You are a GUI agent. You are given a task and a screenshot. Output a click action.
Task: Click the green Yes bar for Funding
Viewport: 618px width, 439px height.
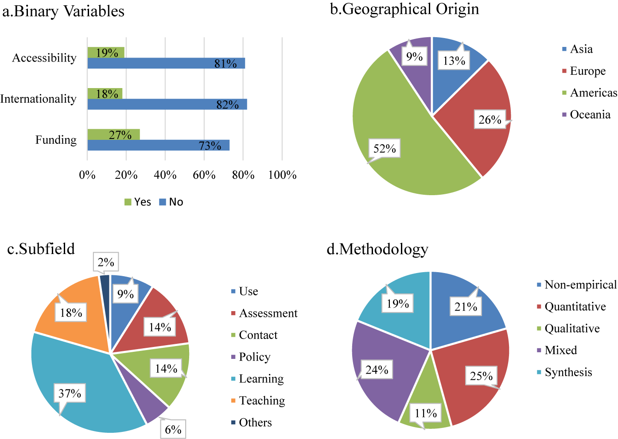coord(114,135)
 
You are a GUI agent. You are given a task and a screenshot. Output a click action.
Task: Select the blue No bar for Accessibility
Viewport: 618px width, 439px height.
coord(166,63)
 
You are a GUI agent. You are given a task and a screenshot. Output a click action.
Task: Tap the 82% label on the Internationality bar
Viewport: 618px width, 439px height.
coord(227,105)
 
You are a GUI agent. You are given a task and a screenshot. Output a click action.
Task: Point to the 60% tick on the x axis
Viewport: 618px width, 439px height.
coord(204,175)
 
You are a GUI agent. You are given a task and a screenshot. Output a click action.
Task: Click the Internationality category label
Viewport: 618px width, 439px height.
coord(38,99)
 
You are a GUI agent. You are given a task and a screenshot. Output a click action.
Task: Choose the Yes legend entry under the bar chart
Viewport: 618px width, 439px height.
coord(138,202)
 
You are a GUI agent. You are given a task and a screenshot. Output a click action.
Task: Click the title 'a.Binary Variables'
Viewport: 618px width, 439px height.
coord(63,12)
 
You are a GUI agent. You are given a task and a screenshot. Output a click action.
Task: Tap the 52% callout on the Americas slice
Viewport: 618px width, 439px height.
coord(385,149)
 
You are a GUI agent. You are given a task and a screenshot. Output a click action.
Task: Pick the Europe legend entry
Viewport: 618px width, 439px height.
coord(584,71)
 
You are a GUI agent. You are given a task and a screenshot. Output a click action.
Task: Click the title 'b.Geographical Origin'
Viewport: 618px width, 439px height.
coord(404,9)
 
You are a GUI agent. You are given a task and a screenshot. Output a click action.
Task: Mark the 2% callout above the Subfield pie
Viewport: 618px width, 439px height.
coord(106,262)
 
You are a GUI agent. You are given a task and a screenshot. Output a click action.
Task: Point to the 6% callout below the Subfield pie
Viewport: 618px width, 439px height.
coord(173,429)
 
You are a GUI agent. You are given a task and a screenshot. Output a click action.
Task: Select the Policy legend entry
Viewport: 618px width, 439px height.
coord(251,357)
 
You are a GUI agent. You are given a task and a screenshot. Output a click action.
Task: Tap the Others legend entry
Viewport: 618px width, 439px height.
coord(251,423)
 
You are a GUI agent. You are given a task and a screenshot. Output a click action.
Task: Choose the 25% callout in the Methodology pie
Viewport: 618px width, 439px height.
coord(482,376)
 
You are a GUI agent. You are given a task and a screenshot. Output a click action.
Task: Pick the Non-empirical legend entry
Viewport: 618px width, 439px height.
coord(577,285)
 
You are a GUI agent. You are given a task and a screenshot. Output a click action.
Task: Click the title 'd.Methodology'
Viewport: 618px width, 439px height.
coord(377,250)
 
